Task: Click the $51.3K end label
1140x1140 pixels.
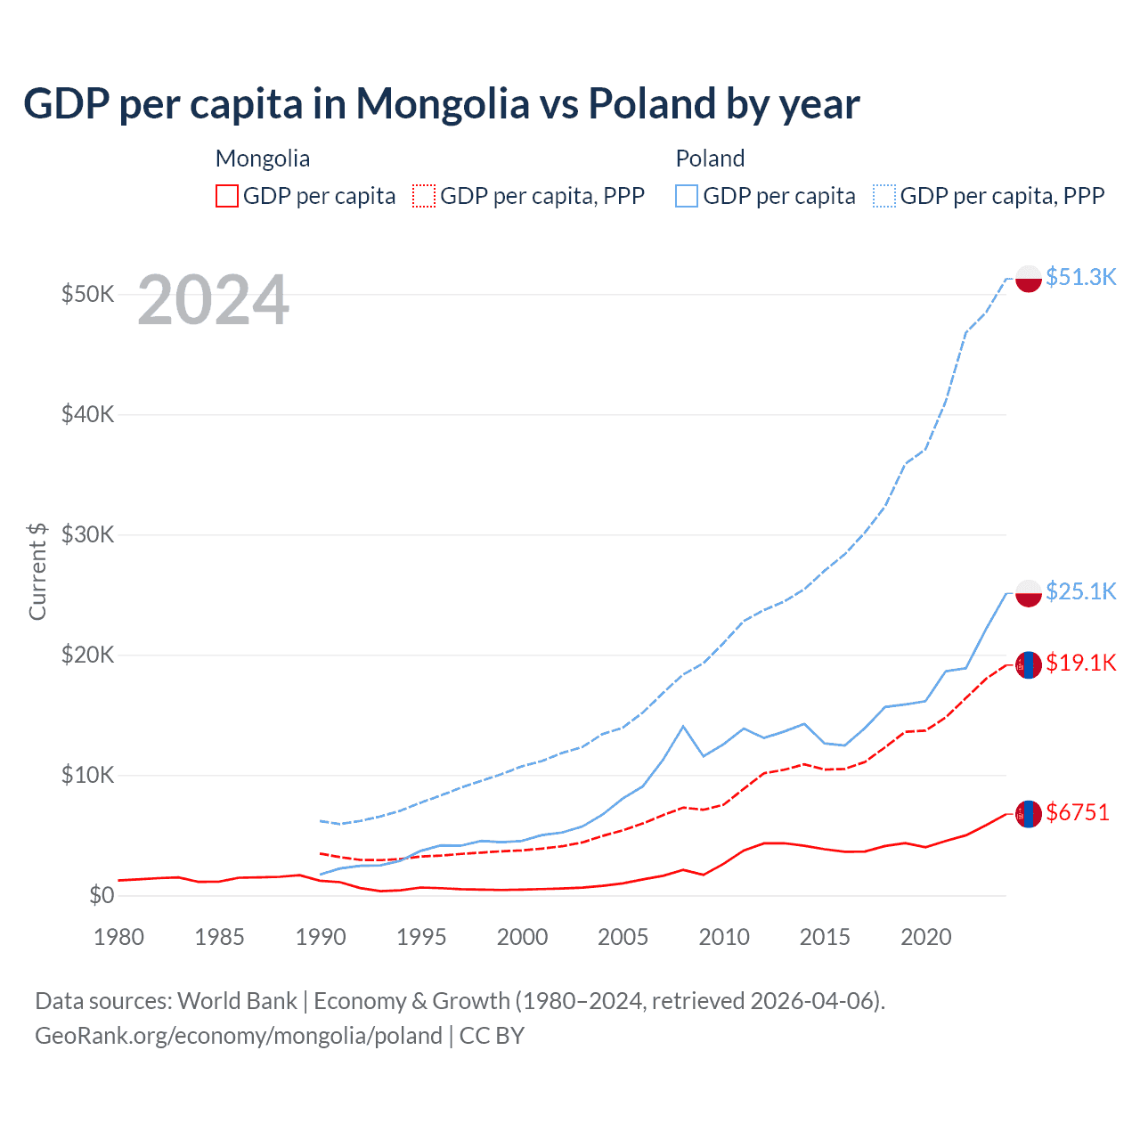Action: [x=1080, y=277]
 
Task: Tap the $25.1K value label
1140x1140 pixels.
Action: [x=1080, y=591]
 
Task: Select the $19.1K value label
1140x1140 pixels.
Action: [x=1080, y=663]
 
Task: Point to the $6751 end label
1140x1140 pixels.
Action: [x=1078, y=812]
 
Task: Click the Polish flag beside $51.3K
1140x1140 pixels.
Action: [x=1029, y=279]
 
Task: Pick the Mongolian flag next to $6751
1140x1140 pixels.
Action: [x=1029, y=814]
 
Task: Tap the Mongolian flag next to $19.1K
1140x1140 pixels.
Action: [x=1029, y=664]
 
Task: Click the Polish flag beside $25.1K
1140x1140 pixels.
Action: [x=1029, y=593]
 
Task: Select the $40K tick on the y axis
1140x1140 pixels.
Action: [x=87, y=414]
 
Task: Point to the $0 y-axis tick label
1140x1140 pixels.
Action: [x=102, y=895]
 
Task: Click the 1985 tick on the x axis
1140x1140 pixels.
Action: [x=219, y=937]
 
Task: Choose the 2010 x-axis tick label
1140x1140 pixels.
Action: [x=724, y=937]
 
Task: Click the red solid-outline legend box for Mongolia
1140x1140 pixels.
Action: [x=227, y=196]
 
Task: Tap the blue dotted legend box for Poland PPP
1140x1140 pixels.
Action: [x=884, y=196]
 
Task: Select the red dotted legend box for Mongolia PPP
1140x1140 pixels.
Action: [x=425, y=196]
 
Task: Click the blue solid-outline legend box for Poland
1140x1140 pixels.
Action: [x=687, y=196]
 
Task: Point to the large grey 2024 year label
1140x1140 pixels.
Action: [x=214, y=301]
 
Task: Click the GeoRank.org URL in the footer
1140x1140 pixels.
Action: [x=239, y=1036]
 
